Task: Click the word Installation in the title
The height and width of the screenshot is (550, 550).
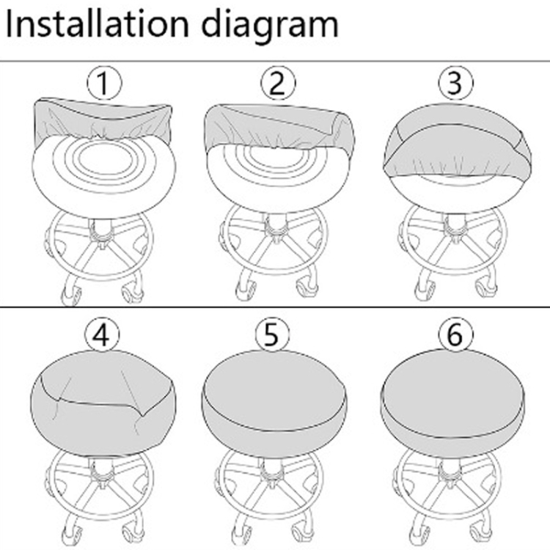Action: coord(98,24)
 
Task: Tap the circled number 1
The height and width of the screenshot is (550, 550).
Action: coord(105,83)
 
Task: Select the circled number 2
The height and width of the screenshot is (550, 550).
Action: coord(278,83)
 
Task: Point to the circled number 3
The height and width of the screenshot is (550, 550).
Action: coord(455,83)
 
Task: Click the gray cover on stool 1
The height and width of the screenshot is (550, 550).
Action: coord(102,120)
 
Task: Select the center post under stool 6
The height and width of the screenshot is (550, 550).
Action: coord(450,470)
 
